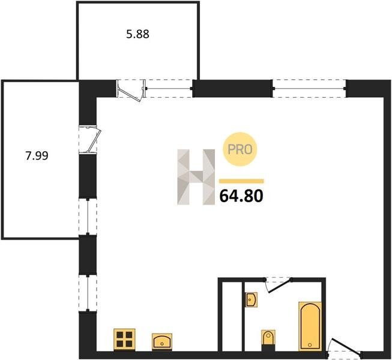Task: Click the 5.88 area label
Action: click(137, 34)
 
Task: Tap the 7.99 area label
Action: click(37, 156)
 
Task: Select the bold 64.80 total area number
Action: click(241, 196)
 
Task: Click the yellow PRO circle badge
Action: click(240, 149)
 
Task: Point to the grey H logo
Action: click(196, 177)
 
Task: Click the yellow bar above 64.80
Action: click(241, 181)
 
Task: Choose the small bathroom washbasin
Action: click(251, 299)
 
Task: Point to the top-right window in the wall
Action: click(310, 88)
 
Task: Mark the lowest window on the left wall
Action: click(88, 293)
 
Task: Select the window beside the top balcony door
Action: click(169, 88)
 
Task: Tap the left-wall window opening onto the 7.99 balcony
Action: click(88, 217)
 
